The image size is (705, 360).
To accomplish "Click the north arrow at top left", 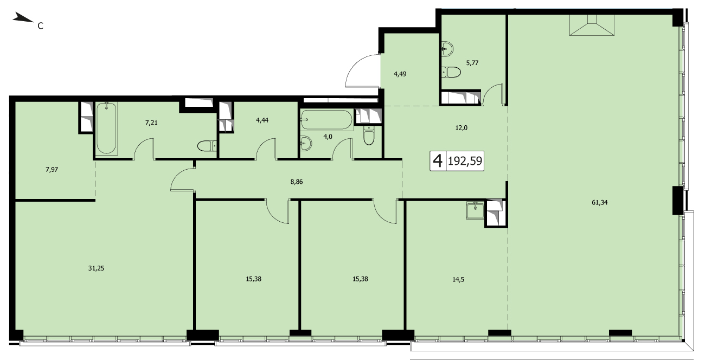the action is (x=23, y=18).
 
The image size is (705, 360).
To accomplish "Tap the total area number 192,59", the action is (x=465, y=161).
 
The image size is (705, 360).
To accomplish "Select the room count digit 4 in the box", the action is (x=438, y=161).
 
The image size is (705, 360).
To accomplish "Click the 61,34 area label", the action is (x=600, y=203).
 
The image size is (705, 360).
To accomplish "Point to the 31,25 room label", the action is (x=96, y=268).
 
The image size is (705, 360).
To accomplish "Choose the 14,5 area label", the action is (x=458, y=279).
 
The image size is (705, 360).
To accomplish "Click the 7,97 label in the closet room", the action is (x=52, y=170).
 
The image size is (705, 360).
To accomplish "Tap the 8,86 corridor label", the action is (x=297, y=182).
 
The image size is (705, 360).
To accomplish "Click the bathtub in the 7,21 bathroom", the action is (x=106, y=128).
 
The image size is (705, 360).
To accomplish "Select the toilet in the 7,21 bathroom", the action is (x=207, y=146).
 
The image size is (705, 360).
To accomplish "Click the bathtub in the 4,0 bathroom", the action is (x=326, y=120).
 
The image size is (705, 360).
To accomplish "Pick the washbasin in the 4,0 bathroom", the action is (x=306, y=144).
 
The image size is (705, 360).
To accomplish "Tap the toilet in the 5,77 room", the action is (x=451, y=72).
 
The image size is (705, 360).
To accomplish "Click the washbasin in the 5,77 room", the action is (x=447, y=49).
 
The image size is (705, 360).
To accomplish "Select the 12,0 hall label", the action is (x=462, y=128).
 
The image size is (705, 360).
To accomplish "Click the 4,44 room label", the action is (x=262, y=120).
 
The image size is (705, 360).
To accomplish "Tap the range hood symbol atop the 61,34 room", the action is (x=592, y=25).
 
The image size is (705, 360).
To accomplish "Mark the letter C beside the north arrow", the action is (x=40, y=26).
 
